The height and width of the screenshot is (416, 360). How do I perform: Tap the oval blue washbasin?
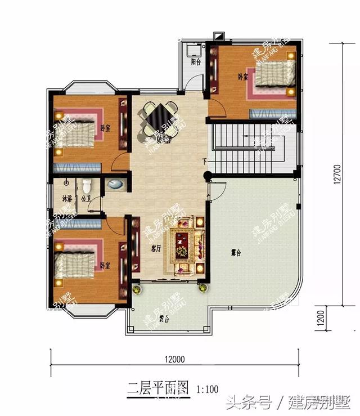click(114, 184)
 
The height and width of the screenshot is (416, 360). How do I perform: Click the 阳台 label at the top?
click(196, 62)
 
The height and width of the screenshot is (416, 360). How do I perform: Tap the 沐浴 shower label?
click(66, 199)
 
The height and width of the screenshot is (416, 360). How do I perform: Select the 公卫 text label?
click(86, 199)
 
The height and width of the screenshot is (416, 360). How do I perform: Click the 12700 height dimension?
click(336, 174)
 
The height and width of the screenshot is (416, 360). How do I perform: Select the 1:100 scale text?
click(208, 388)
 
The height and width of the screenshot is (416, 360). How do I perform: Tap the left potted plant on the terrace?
click(137, 289)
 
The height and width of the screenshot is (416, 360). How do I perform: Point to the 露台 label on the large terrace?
click(235, 254)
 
